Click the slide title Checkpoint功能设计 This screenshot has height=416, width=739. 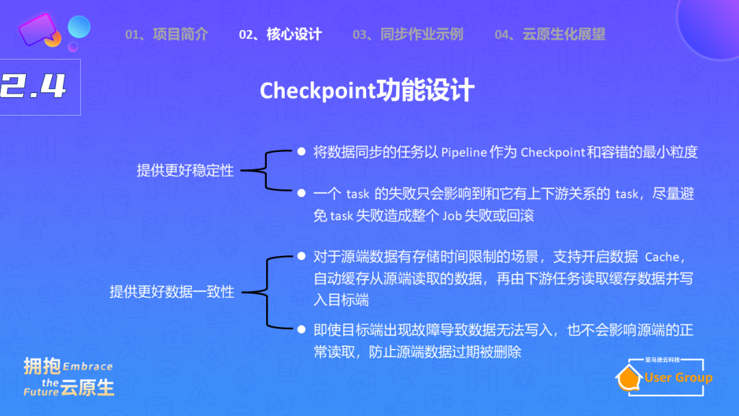367,91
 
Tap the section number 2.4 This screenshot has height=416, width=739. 34,87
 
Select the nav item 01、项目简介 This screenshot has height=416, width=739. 166,34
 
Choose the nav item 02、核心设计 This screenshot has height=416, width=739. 280,34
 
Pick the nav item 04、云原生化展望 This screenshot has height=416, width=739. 549,34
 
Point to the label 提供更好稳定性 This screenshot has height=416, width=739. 185,170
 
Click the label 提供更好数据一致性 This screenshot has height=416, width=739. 172,291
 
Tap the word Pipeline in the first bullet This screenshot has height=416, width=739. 463,152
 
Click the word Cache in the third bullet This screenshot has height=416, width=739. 662,257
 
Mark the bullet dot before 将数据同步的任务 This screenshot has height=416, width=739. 301,151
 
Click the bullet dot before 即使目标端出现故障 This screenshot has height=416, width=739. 301,329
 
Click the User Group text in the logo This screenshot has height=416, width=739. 678,378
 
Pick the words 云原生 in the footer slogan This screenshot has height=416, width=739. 87,388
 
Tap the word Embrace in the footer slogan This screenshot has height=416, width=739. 88,367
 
